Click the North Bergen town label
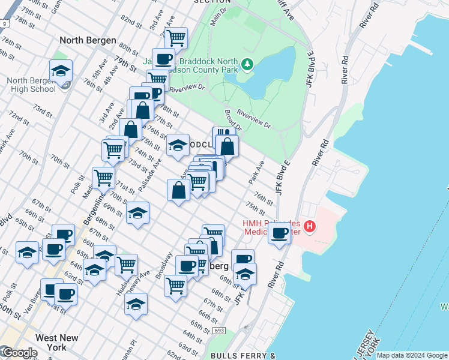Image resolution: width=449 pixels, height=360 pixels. [88, 40]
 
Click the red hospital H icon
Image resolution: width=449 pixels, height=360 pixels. [310, 226]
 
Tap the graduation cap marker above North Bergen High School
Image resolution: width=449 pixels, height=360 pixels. [61, 71]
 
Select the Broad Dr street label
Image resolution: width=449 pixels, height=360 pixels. [233, 120]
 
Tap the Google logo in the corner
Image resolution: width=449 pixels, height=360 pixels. [19, 353]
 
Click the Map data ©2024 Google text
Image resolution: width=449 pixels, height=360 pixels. [412, 355]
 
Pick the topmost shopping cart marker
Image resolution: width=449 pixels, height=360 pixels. [176, 38]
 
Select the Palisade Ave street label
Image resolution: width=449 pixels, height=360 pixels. [149, 175]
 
